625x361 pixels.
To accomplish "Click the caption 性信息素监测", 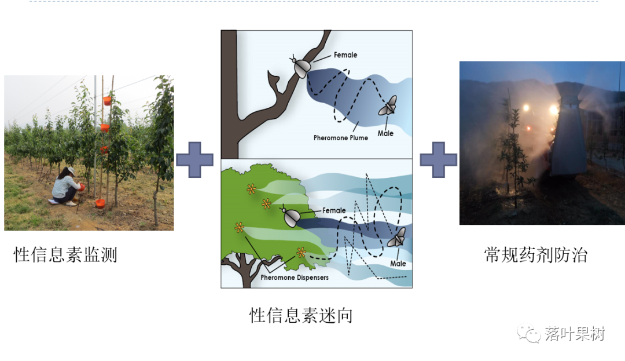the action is pyautogui.click(x=65, y=254).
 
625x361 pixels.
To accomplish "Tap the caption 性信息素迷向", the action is pyautogui.click(x=301, y=315).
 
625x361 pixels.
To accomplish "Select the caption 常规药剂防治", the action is pyautogui.click(x=536, y=254).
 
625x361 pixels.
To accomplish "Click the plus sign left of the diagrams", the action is pyautogui.click(x=194, y=159).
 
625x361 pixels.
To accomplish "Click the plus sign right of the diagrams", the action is pyautogui.click(x=439, y=159).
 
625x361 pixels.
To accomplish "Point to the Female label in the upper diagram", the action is pyautogui.click(x=345, y=55).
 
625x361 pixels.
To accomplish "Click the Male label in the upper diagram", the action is pyautogui.click(x=385, y=133).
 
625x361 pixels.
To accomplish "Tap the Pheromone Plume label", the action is pyautogui.click(x=341, y=137).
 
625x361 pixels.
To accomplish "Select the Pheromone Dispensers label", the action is pyautogui.click(x=295, y=277).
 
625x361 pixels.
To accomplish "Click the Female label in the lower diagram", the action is pyautogui.click(x=334, y=210).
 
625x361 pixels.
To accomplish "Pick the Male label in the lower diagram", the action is pyautogui.click(x=398, y=264).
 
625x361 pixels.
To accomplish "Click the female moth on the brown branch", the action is pyautogui.click(x=301, y=66).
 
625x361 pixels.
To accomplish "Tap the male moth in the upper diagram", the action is pyautogui.click(x=388, y=105).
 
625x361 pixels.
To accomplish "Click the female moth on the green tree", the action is pyautogui.click(x=291, y=217).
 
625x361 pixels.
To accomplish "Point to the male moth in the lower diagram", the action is pyautogui.click(x=397, y=238).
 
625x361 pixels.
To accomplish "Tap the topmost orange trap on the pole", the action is pyautogui.click(x=107, y=100).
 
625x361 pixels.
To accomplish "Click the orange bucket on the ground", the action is pyautogui.click(x=101, y=203).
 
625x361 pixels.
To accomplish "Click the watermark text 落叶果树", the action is pyautogui.click(x=575, y=334).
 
